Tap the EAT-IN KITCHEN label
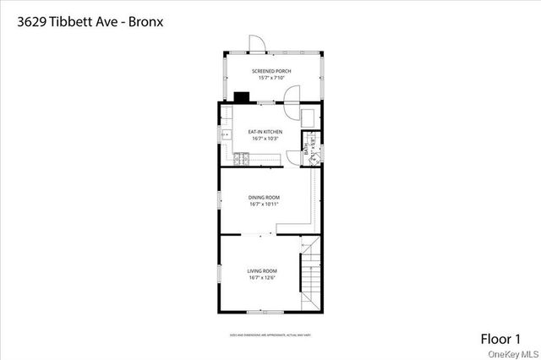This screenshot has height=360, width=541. coord(265,132)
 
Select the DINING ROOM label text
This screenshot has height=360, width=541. coord(265,197)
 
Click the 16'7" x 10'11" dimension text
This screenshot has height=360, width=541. coord(265,204)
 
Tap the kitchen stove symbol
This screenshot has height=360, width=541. coord(241,156)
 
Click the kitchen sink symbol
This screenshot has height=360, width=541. coord(226,134)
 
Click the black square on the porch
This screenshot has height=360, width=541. coord(241,96)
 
